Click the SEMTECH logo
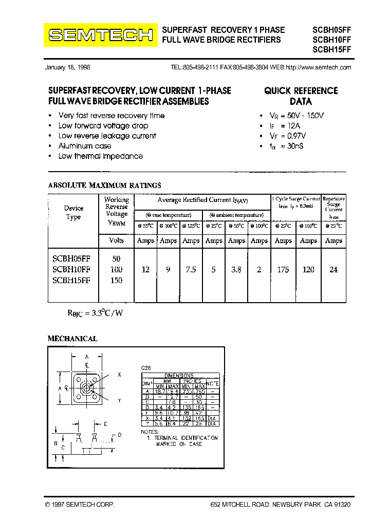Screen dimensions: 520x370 pos(100,35)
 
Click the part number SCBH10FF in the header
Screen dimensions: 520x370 pos(331,40)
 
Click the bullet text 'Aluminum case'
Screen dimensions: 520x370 pos(85,146)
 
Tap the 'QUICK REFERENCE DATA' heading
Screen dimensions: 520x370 pos(301,96)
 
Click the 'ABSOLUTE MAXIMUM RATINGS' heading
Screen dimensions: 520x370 pos(104,185)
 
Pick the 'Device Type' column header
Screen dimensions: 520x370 pos(73,212)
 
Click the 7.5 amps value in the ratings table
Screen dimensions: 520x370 pos(191,269)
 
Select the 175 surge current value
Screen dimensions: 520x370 pos(283,269)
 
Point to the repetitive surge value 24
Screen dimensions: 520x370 pos(334,269)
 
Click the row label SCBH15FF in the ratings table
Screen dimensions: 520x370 pos(71,280)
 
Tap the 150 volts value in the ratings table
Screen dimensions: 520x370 pos(117,280)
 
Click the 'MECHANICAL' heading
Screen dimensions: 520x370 pos(72,339)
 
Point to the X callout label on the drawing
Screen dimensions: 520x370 pos(119,375)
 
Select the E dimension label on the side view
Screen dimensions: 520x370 pos(105,424)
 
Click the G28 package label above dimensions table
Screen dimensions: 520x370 pos(146,368)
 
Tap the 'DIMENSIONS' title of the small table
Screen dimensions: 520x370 pos(179,376)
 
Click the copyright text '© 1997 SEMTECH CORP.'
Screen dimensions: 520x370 pos(80,505)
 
